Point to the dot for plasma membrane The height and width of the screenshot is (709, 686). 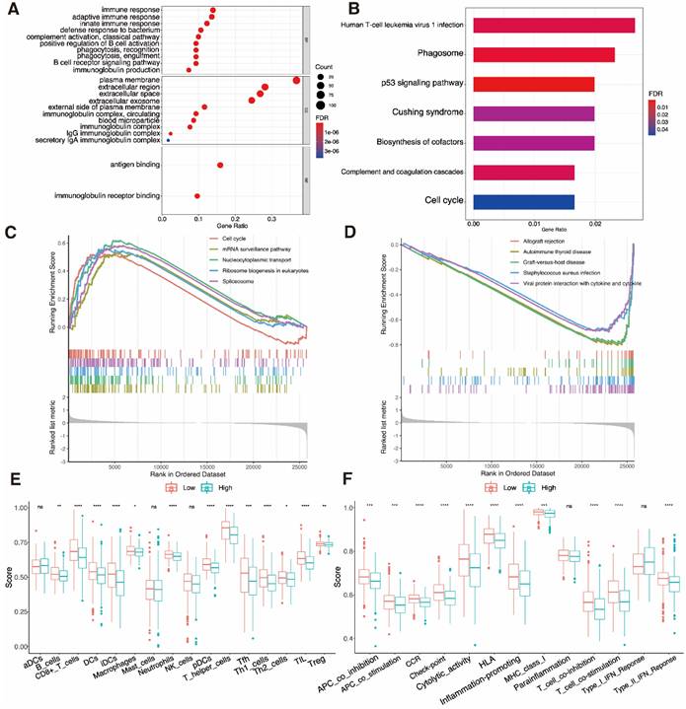296,81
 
